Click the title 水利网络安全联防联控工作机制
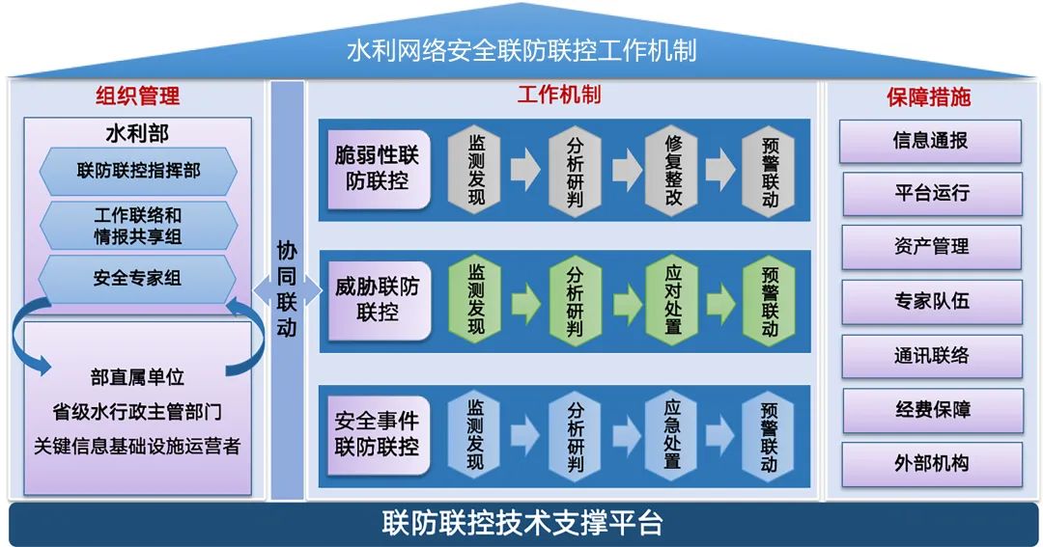(521, 49)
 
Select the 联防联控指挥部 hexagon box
(138, 171)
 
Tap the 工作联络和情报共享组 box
(138, 225)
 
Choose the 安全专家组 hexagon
(138, 279)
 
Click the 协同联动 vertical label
(287, 288)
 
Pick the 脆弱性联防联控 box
(377, 168)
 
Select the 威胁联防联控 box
(377, 299)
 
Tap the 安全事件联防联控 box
(377, 433)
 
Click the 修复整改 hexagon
(673, 171)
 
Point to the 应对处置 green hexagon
(673, 302)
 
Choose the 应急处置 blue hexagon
(673, 436)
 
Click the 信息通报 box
(930, 141)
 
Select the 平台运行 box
(931, 193)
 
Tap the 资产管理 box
(931, 247)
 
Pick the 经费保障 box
(931, 410)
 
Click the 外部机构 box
(931, 463)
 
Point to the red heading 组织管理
(138, 96)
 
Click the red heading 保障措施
(929, 96)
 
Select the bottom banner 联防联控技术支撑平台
(521, 524)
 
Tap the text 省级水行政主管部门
(137, 412)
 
